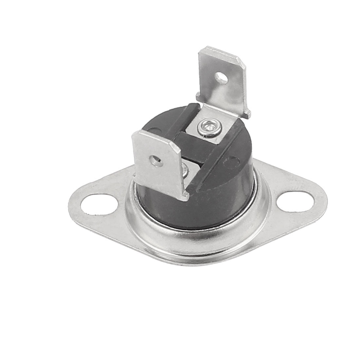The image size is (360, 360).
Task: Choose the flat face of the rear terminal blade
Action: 223,88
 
